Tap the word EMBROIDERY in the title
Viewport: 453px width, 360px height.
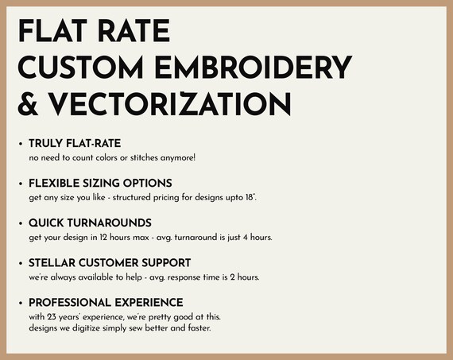point(254,68)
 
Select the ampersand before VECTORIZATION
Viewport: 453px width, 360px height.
point(28,104)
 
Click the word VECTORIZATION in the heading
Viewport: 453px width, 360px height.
point(169,104)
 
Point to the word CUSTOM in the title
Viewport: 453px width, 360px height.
point(80,68)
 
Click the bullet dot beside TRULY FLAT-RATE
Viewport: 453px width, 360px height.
point(21,144)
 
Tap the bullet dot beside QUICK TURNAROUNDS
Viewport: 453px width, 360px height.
point(21,223)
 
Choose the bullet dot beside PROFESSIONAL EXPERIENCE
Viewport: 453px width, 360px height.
point(21,303)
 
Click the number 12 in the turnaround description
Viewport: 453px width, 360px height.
point(103,237)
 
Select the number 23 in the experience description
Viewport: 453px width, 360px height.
point(51,317)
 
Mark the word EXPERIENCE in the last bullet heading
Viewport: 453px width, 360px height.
point(149,303)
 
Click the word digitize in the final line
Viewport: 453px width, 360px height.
point(86,328)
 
